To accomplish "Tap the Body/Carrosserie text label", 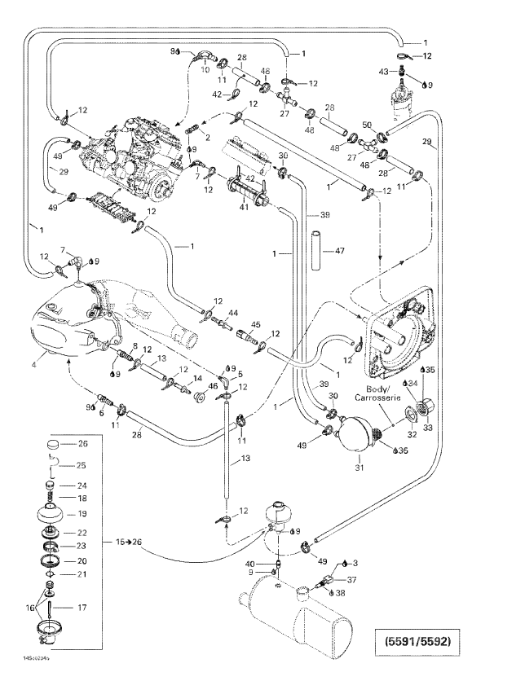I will (374, 393).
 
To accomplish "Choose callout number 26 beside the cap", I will (82, 444).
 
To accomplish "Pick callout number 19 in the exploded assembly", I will (82, 513).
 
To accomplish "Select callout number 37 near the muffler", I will (352, 579).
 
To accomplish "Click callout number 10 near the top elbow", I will (205, 70).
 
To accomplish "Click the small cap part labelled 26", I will (54, 445).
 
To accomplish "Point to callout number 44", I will (232, 313).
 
